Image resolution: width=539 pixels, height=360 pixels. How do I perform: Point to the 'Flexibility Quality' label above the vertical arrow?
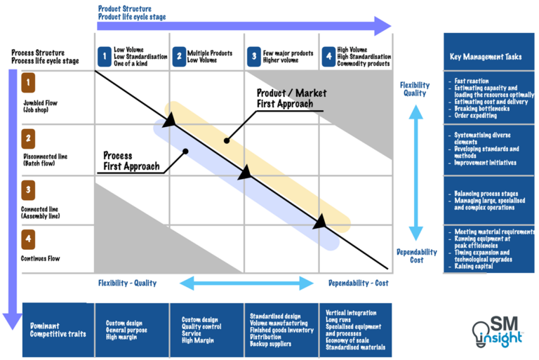[415, 88]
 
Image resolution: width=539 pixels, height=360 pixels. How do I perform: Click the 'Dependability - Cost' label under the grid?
[358, 284]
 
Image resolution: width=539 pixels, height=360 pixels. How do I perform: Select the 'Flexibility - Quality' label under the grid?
[127, 284]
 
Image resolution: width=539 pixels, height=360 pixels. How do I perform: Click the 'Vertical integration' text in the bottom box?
[350, 313]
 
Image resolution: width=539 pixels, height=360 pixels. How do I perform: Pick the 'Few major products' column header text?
[288, 52]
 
